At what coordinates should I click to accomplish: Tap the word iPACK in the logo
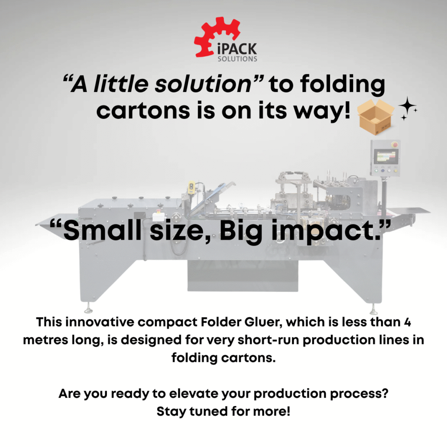pos(237,49)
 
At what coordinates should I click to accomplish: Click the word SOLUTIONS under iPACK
pos(237,59)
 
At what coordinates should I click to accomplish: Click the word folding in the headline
pos(342,85)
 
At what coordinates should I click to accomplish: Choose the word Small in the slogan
pos(102,230)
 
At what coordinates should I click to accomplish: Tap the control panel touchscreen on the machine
pos(386,157)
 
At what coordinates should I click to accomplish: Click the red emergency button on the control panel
pos(395,144)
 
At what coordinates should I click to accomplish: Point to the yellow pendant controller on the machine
pos(192,187)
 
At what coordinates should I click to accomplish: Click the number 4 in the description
pos(407,323)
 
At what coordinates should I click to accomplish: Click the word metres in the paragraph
pos(45,340)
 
